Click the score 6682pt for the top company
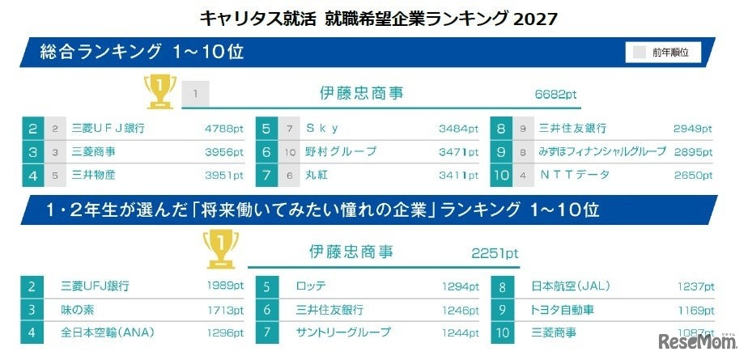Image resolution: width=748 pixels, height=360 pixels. (555, 94)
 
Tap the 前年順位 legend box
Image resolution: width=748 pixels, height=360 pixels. (662, 52)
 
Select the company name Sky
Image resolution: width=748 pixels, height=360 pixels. (322, 128)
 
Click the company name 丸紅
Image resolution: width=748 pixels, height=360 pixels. (317, 175)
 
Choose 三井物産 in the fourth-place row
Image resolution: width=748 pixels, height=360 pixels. (94, 175)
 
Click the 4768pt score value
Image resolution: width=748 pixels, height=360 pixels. (223, 128)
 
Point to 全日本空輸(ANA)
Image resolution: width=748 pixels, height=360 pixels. (107, 332)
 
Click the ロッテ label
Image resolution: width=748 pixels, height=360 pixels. (312, 286)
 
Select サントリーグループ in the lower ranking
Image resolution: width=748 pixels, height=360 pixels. (343, 332)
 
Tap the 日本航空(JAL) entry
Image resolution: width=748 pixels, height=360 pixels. (571, 286)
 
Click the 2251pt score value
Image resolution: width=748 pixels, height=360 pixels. (495, 253)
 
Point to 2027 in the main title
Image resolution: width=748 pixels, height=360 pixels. (536, 16)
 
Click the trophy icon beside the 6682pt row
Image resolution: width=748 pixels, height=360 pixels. (159, 91)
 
